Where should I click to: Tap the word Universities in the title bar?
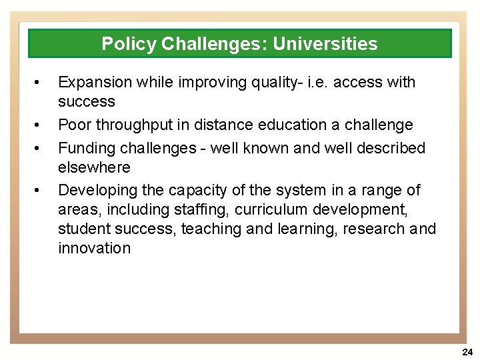[325, 44]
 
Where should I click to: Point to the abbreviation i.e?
[317, 82]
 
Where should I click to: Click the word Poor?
[74, 125]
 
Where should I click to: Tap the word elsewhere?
[94, 167]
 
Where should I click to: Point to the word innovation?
[94, 248]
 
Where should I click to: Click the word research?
[377, 229]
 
